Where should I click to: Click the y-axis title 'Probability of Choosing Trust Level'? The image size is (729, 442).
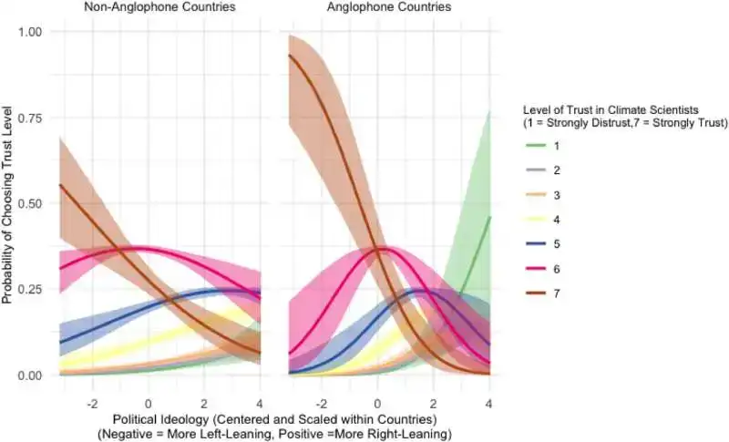coord(8,203)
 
